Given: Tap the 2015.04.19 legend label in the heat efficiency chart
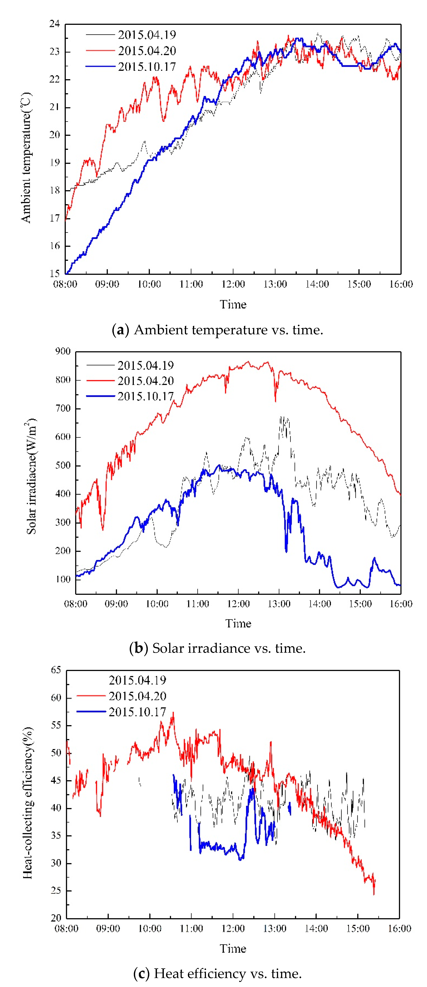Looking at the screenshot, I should coord(137,680).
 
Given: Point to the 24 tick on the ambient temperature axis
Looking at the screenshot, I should coord(55,24).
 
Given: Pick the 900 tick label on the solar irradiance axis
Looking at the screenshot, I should coord(63,351).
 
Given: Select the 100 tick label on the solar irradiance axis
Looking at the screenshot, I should coord(63,579).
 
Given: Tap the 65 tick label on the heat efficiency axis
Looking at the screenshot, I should coord(56,670).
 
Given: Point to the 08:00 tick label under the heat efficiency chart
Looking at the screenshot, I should coord(66,928).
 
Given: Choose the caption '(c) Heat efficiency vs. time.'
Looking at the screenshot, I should coord(217,973).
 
